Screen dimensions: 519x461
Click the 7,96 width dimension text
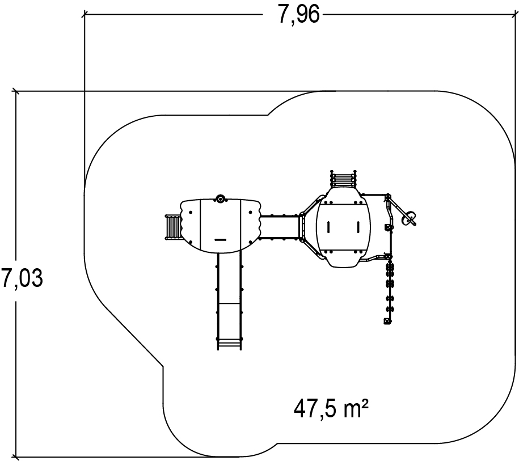point(298,15)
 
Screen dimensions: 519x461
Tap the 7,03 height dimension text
point(22,278)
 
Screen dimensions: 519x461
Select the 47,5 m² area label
point(331,409)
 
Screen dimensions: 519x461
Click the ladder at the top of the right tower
point(344,179)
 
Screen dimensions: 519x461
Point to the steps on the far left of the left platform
point(173,227)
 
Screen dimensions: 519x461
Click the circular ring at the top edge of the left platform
point(220,199)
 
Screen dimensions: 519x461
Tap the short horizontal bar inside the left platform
point(221,240)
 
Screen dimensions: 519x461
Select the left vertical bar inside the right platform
point(328,227)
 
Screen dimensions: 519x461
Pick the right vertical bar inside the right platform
point(358,227)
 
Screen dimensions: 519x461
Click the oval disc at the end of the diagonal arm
point(408,218)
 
